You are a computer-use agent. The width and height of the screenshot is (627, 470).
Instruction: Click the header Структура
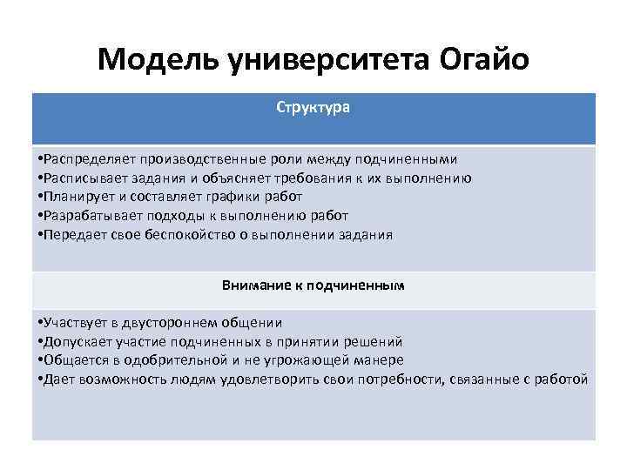(x=313, y=109)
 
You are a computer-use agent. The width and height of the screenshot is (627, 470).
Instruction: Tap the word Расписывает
(x=80, y=178)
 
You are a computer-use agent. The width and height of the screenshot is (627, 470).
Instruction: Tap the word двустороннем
(x=175, y=322)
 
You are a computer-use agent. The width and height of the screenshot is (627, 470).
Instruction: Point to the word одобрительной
(x=174, y=359)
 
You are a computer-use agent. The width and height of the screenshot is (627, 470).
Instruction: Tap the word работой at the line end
(x=563, y=379)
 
